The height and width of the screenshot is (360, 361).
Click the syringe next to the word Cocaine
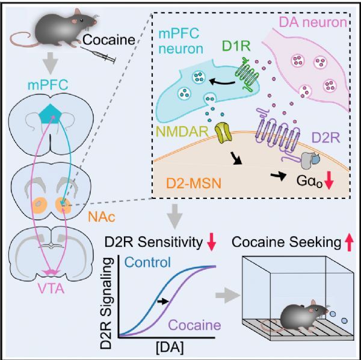tap(98, 55)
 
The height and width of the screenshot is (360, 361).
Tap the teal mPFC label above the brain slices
tap(48, 85)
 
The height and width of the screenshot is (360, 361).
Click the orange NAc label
tap(102, 217)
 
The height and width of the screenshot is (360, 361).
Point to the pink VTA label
tap(51, 289)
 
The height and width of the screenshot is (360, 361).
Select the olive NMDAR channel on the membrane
tap(223, 133)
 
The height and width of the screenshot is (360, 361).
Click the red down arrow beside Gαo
tap(329, 180)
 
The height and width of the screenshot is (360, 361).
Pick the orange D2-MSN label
tap(193, 183)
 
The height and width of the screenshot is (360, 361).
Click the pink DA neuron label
tap(313, 22)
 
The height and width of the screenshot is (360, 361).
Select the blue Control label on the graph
tap(147, 262)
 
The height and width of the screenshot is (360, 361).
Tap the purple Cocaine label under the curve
tap(195, 325)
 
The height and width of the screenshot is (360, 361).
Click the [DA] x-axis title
tap(170, 348)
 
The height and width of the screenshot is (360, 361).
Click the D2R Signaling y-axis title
tap(108, 303)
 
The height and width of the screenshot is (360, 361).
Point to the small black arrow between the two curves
tap(163, 301)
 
